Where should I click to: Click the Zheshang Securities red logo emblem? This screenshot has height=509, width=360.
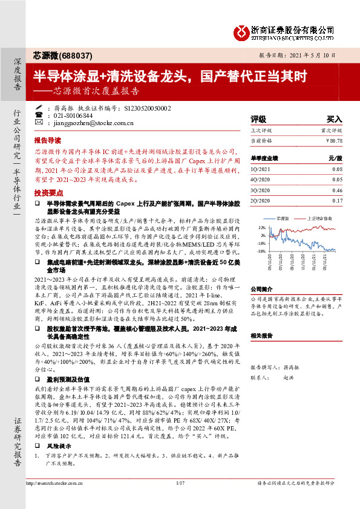(241, 31)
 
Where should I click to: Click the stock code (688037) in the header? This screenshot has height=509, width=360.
(76, 56)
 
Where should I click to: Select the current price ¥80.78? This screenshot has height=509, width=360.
(333, 140)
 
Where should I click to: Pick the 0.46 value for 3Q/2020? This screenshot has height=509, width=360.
(337, 189)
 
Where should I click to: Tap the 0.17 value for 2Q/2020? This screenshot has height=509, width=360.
(337, 199)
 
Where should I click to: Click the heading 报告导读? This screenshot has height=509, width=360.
(47, 138)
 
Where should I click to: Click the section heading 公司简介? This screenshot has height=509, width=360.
(263, 289)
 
